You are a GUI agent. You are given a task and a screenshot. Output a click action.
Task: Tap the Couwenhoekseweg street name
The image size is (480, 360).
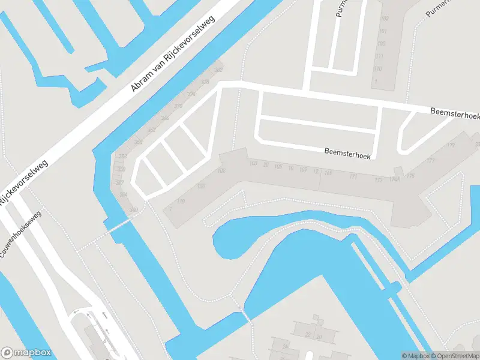coord(20,235)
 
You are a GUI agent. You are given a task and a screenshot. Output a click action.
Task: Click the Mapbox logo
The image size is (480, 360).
coord(26,353)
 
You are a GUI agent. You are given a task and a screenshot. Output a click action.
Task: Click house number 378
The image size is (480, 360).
coord(205,82)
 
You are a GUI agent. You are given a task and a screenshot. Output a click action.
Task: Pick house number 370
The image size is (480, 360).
coord(178,106)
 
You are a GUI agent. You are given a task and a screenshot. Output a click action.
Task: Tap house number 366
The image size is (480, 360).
coord(164,118)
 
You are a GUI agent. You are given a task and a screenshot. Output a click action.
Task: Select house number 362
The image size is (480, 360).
coord(152,130)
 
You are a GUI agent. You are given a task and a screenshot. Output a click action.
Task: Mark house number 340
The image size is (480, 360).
coord(134,209)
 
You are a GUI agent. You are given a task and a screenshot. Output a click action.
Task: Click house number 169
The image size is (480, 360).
coord(328,173)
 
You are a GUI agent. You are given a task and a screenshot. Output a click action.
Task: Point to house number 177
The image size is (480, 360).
coord(430,161)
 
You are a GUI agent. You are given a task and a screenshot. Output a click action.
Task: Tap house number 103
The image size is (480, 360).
coord(253,163)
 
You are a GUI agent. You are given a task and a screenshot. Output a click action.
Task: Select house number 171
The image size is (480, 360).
coord(353,176)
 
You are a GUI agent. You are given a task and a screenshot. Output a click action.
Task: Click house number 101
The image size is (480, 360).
coord(382,31)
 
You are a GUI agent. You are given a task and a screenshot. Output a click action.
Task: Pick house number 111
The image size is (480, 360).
coord(379,56)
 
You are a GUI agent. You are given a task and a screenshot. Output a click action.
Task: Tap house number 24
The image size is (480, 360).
coord(286,346)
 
